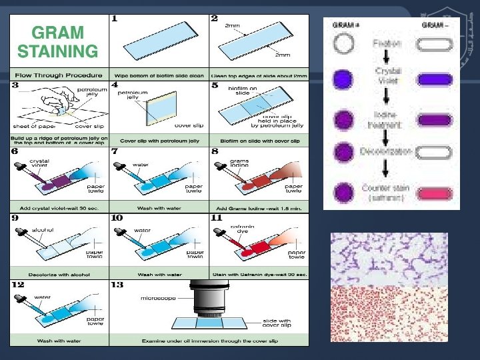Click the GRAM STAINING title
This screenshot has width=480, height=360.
click(57, 42)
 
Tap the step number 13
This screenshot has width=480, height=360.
click(117, 285)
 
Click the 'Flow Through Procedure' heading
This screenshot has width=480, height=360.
click(57, 75)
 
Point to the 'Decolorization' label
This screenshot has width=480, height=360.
click(387, 152)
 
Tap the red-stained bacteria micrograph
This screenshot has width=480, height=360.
click(389, 313)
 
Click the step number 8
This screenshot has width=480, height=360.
click(215, 151)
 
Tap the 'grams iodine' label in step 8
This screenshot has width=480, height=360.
click(239, 163)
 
